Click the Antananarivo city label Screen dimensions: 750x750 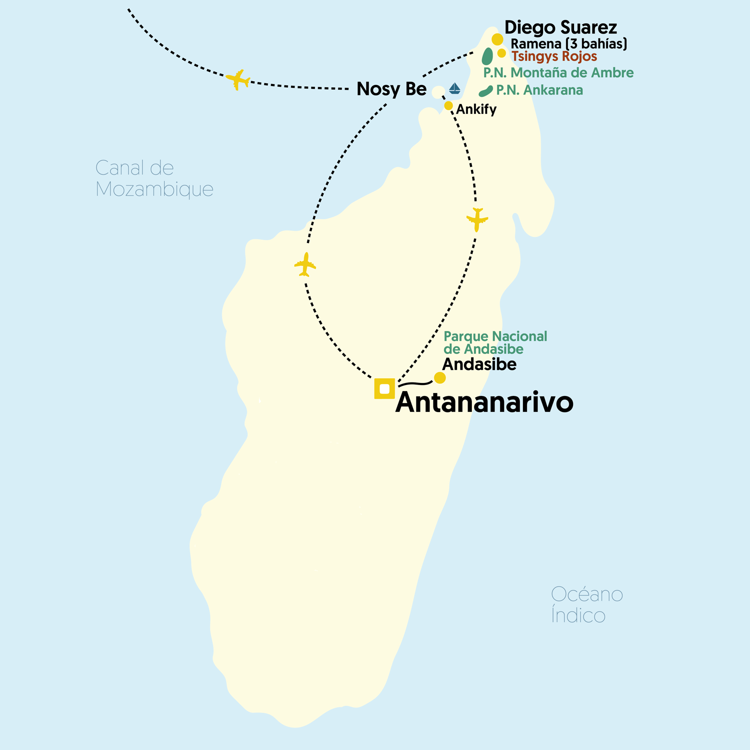[484, 402]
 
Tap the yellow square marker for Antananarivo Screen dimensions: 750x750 [384, 388]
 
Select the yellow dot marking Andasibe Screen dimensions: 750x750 [439, 377]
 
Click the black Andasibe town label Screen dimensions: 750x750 [479, 364]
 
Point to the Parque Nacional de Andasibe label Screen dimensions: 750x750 [495, 342]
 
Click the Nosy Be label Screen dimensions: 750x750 [391, 89]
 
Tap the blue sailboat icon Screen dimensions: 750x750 [454, 88]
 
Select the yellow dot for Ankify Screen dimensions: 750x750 [448, 105]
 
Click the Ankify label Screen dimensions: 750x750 [476, 109]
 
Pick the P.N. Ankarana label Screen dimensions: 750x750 [539, 90]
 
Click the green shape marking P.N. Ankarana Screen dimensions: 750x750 [485, 91]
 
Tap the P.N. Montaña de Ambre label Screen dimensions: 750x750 [558, 73]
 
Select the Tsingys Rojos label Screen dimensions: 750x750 [554, 56]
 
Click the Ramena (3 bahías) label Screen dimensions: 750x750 [568, 44]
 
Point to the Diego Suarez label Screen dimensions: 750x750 [560, 27]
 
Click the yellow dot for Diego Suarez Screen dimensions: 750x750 [497, 39]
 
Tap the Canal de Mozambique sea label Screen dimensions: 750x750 [154, 178]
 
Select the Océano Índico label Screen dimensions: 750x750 [586, 604]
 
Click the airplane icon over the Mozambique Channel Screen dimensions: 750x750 [238, 79]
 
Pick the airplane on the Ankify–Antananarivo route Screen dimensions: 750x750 [477, 219]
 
